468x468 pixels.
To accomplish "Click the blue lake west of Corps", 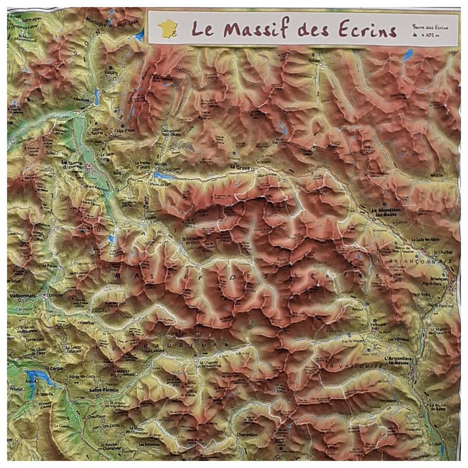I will [x=36, y=377].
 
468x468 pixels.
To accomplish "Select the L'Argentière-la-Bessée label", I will [x=397, y=360].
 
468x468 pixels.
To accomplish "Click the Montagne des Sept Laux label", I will [x=108, y=21].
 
